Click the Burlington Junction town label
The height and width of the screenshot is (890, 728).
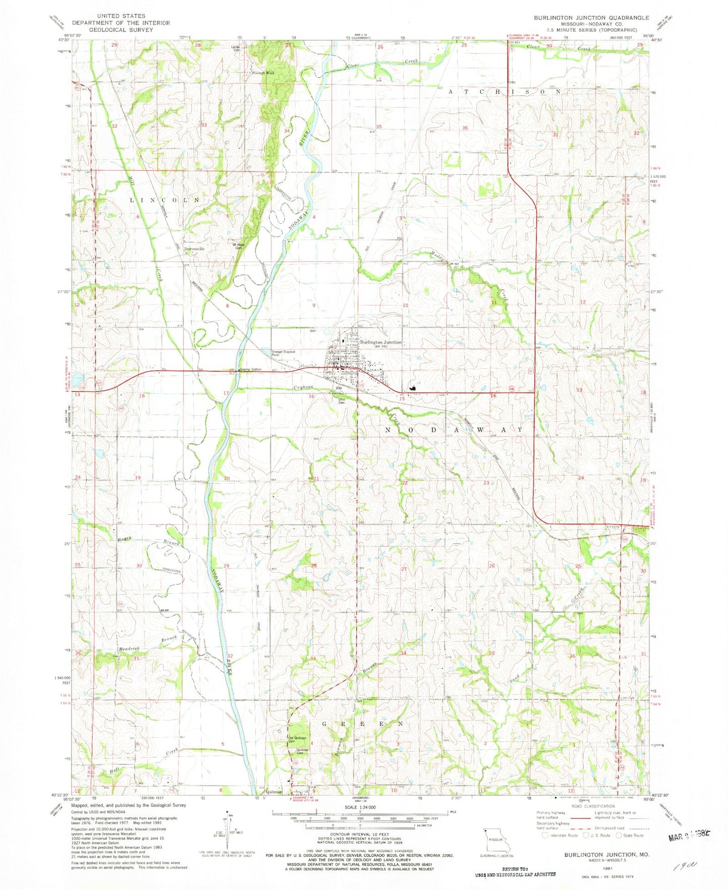[380, 342]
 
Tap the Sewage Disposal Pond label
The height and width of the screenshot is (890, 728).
[283, 353]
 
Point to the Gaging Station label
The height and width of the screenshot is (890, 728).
[250, 370]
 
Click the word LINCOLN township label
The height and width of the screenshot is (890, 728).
[165, 200]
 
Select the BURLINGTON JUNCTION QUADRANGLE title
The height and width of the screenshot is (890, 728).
[591, 18]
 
